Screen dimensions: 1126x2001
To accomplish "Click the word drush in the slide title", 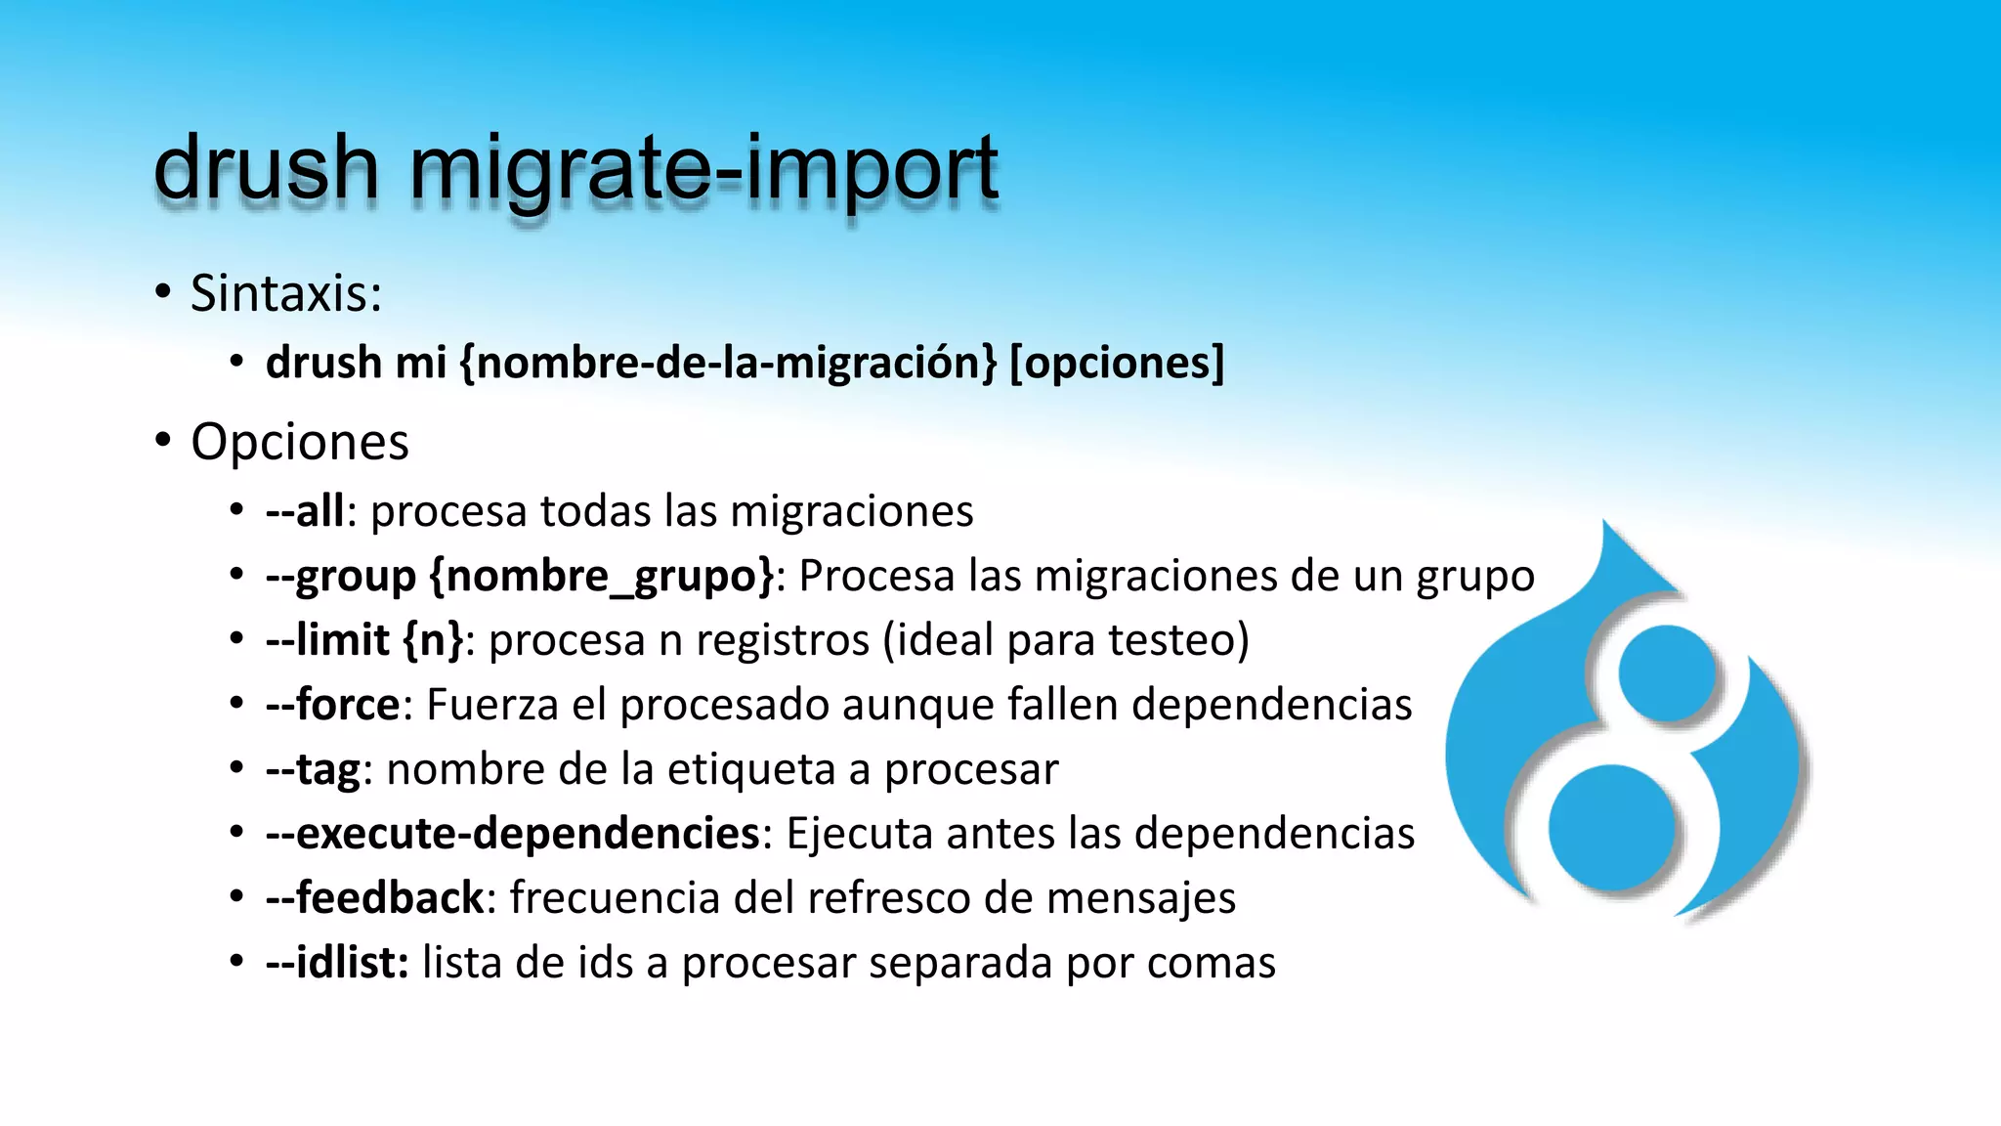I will click(266, 168).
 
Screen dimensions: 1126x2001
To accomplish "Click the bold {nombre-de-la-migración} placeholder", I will click(728, 363).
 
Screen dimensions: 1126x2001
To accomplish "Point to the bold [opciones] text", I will click(1116, 363).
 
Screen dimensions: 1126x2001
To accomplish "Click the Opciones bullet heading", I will click(300, 442).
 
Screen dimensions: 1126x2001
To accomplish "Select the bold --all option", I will click(305, 511).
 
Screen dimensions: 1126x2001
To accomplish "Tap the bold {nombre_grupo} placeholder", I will click(602, 576).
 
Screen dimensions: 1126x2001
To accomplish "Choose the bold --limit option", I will click(328, 640).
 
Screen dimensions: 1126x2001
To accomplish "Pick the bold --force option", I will click(333, 705).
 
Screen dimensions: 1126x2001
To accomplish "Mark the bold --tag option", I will click(313, 769).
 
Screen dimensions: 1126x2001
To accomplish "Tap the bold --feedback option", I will click(375, 898).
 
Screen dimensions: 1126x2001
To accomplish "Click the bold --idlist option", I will click(337, 963).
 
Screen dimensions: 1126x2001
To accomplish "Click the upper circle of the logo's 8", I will click(1667, 673).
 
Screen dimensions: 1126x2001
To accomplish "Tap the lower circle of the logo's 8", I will click(1612, 828).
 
